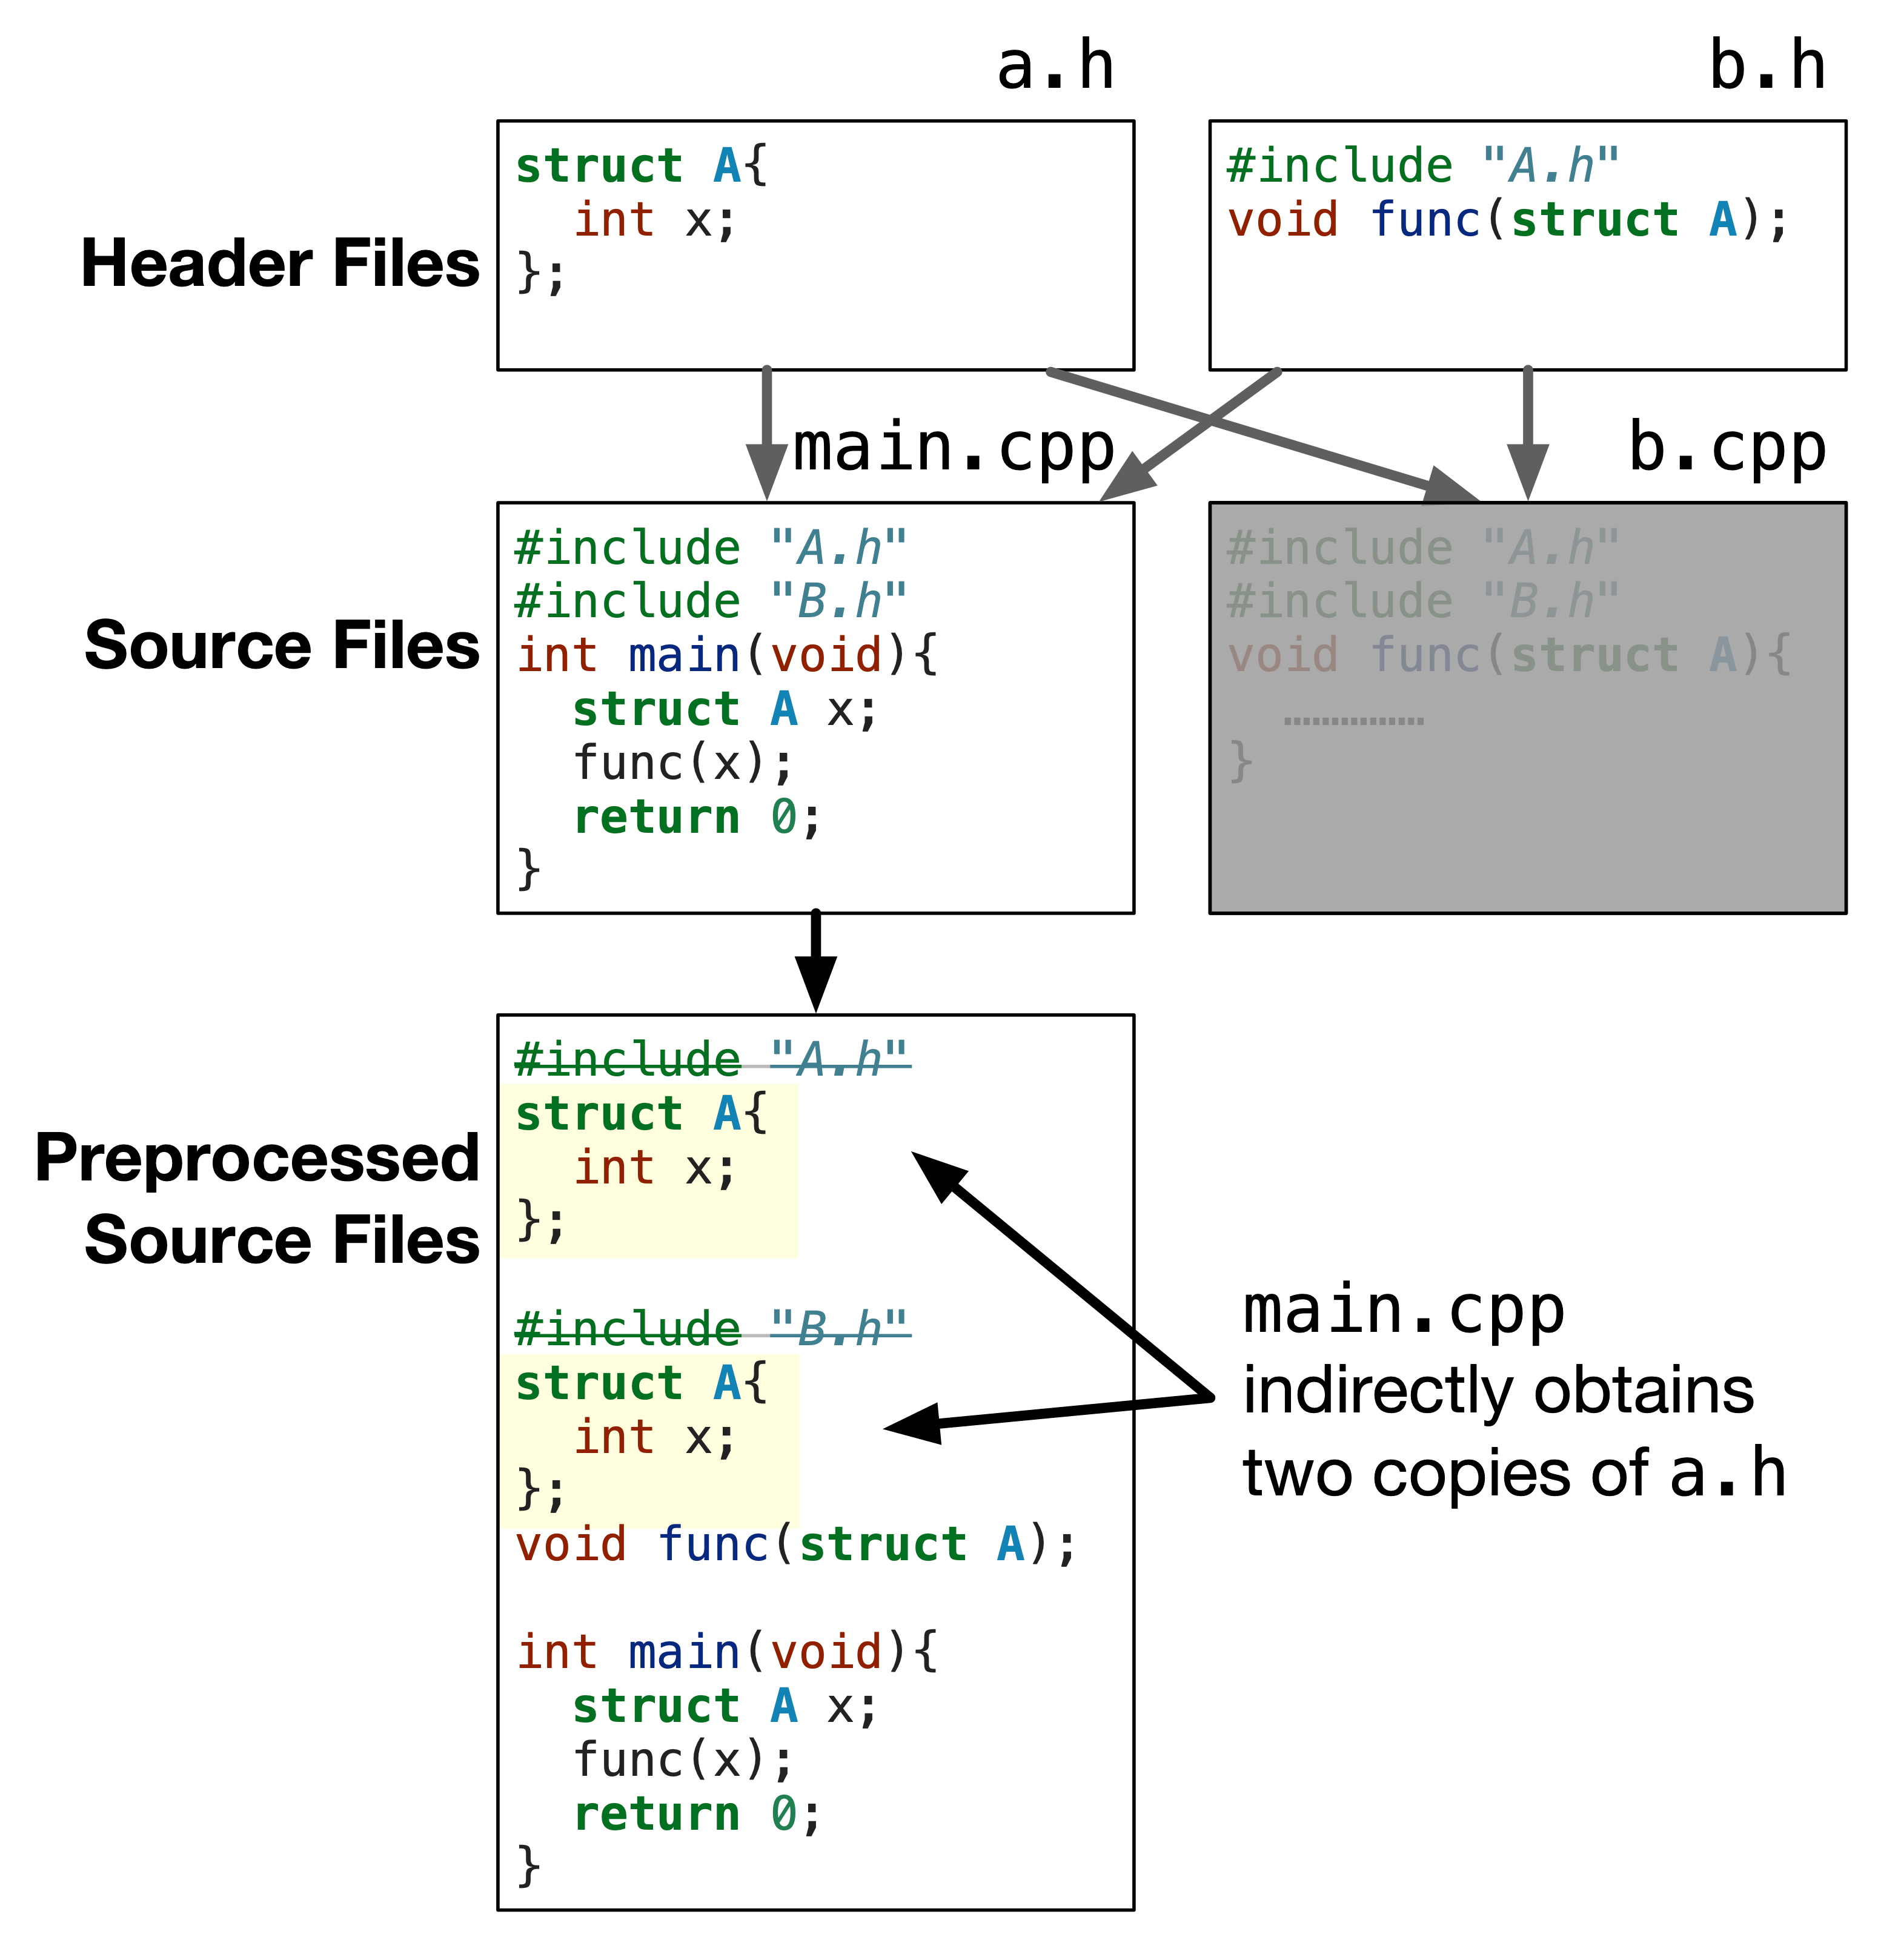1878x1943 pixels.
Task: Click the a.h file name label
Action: [1055, 67]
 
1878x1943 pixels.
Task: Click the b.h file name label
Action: [1767, 67]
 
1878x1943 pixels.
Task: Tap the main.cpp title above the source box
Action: [954, 449]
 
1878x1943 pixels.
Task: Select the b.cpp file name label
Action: [1727, 449]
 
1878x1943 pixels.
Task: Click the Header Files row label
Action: [280, 263]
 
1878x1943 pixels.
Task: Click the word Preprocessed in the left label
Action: [257, 1158]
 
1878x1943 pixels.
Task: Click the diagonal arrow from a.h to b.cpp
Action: [1259, 433]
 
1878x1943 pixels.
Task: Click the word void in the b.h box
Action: [1282, 220]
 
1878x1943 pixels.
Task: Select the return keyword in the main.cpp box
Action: [657, 818]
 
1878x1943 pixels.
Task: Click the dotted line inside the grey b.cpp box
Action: [1353, 721]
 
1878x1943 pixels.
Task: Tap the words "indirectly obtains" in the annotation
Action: [1497, 1391]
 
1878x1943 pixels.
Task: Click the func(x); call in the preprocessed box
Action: [683, 1761]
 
